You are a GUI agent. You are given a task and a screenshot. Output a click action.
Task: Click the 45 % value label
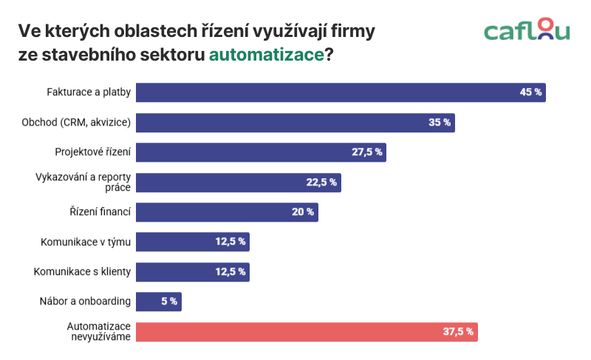(531, 92)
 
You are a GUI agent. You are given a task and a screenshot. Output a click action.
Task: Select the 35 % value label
(440, 123)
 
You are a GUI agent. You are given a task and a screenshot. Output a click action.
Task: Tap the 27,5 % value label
(366, 152)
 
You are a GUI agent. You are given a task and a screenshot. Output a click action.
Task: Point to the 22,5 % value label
(321, 183)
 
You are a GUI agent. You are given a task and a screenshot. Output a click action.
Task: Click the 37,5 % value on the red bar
(458, 332)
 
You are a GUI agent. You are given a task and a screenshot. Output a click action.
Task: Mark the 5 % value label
(168, 302)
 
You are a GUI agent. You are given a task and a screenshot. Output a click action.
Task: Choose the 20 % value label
(303, 212)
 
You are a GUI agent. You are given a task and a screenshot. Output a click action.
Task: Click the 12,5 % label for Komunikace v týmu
(231, 242)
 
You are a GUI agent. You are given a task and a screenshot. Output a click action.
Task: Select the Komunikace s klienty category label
(82, 272)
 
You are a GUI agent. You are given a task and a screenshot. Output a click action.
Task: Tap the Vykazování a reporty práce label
(83, 182)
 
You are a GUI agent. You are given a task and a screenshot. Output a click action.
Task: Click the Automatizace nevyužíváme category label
(99, 331)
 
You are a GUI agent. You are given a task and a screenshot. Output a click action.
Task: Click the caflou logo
(527, 30)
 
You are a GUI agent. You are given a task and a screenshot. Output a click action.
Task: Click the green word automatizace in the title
(267, 55)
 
